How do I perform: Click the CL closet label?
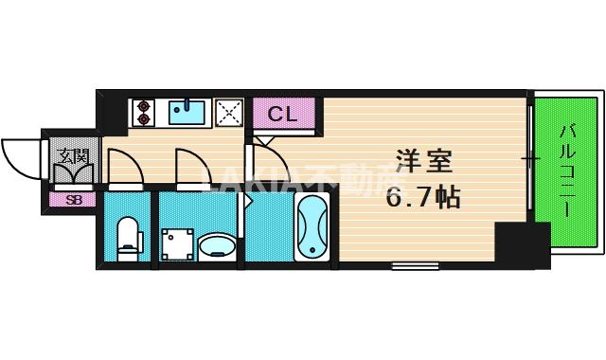click(x=281, y=115)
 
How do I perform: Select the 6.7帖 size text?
click(x=422, y=198)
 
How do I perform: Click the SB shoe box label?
click(x=73, y=200)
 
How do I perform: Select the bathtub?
click(x=312, y=228)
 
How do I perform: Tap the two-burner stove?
click(x=143, y=113)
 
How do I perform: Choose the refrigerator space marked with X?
click(x=229, y=113)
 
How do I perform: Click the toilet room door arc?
click(x=125, y=165)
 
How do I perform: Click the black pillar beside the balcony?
click(x=522, y=245)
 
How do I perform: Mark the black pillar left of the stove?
click(x=112, y=112)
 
